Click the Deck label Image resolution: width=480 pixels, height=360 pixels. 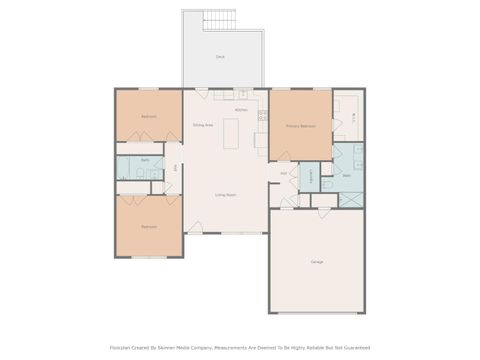[x=220, y=57]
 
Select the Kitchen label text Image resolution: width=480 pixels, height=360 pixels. [x=241, y=109]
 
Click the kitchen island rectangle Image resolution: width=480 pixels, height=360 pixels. [x=231, y=131]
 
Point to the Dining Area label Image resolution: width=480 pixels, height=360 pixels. [x=204, y=125]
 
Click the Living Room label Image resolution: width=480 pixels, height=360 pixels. [x=225, y=194]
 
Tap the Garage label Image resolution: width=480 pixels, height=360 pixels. [x=316, y=261]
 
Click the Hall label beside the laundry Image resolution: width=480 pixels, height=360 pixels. [x=284, y=174]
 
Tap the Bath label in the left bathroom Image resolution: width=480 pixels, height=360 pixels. [x=145, y=160]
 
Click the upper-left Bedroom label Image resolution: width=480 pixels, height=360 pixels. [x=148, y=117]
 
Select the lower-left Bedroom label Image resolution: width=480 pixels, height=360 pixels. [x=148, y=227]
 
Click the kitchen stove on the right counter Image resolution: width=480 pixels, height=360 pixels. [x=263, y=116]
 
